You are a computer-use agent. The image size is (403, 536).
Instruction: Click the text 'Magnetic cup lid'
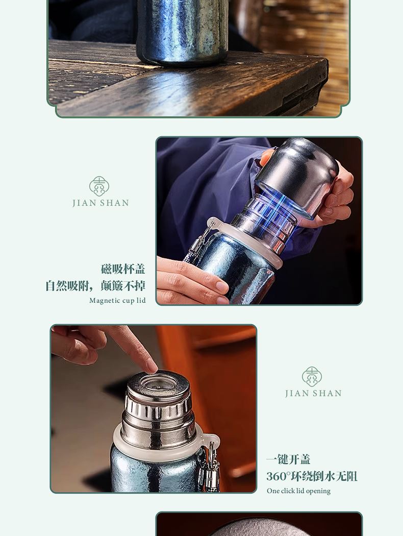pyautogui.click(x=117, y=301)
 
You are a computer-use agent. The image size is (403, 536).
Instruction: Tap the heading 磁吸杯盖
pyautogui.click(x=123, y=269)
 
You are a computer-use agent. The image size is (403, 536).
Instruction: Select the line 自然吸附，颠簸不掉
pyautogui.click(x=95, y=285)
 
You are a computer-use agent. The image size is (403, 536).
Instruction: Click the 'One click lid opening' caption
pyautogui.click(x=298, y=491)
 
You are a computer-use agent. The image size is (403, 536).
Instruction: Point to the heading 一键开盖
pyautogui.click(x=288, y=459)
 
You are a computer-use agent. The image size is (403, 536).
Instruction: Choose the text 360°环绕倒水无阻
pyautogui.click(x=312, y=476)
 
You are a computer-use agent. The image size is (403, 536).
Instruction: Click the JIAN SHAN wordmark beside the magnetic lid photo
pyautogui.click(x=101, y=203)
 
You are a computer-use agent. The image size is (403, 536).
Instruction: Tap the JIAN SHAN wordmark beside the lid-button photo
pyautogui.click(x=314, y=394)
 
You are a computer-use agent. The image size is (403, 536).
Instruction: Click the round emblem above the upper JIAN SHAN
pyautogui.click(x=99, y=186)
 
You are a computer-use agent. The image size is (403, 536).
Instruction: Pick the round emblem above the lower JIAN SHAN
pyautogui.click(x=312, y=377)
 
